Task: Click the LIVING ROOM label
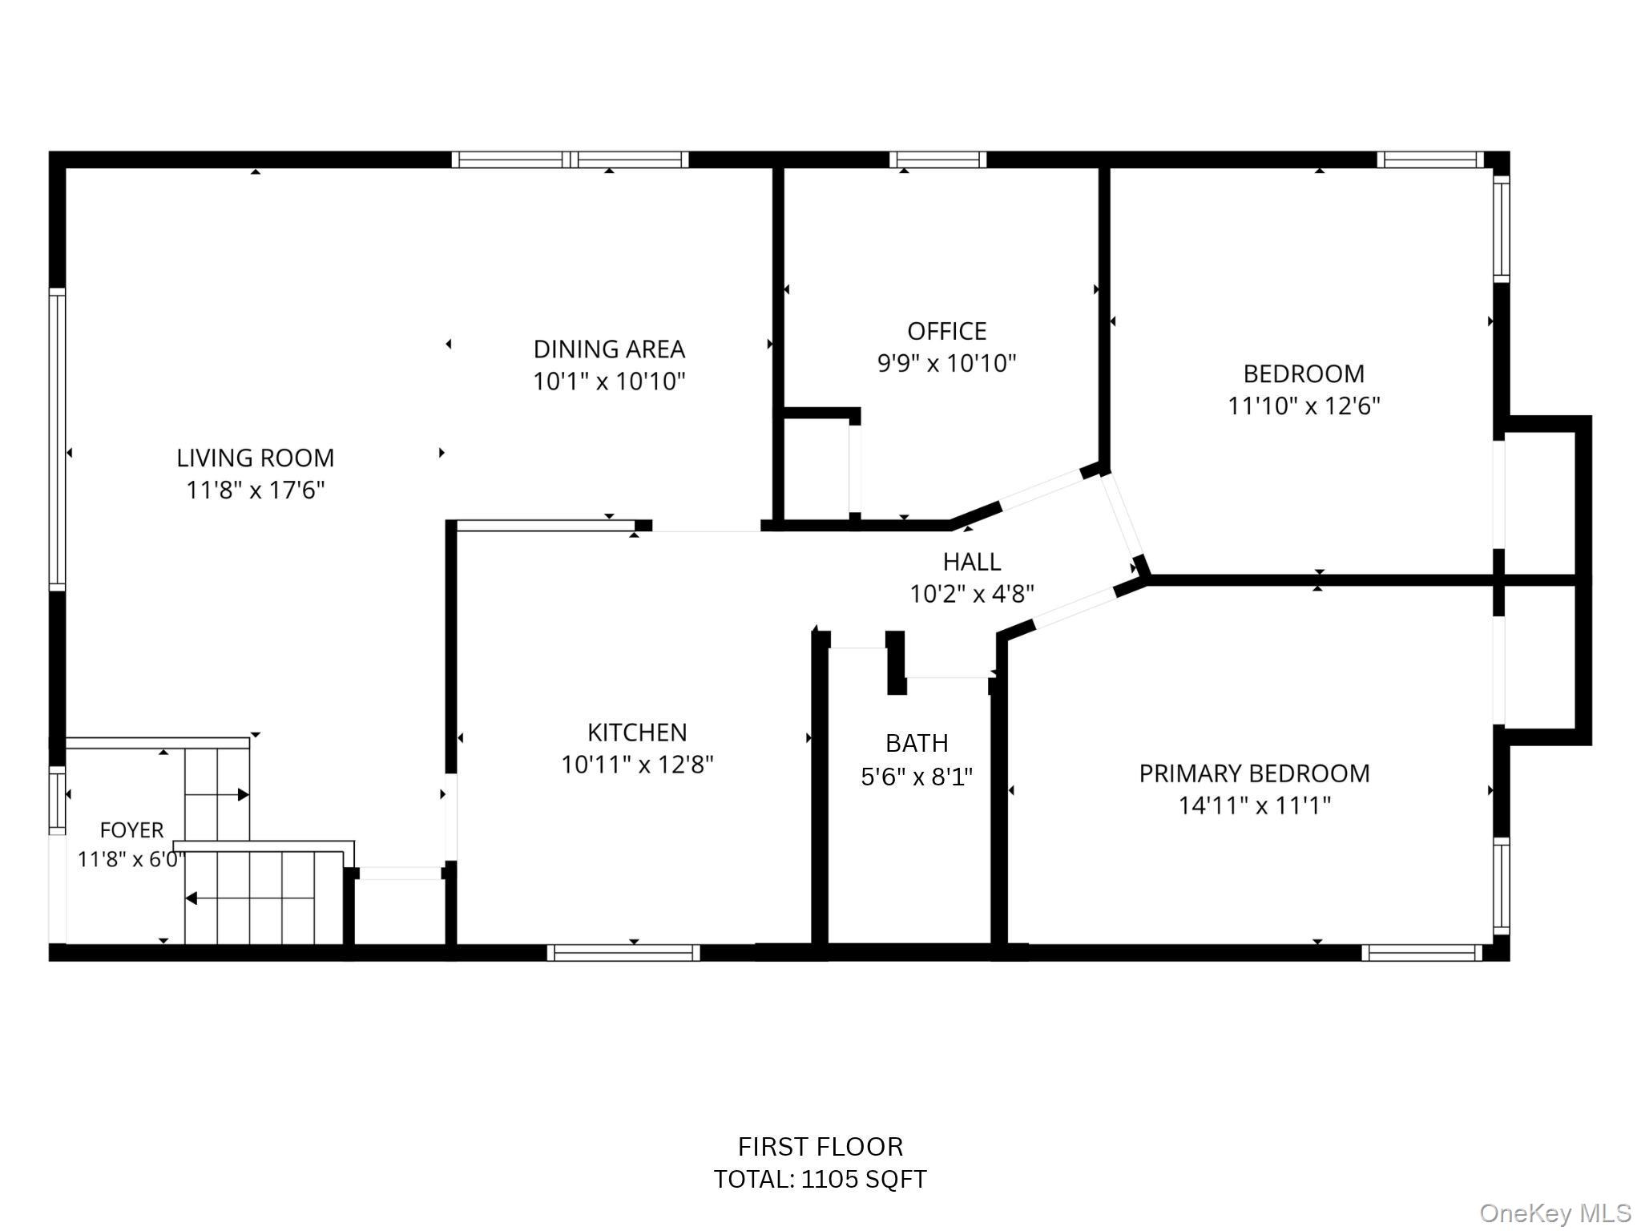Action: (x=256, y=458)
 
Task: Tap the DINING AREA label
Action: (x=609, y=349)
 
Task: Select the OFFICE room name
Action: (x=946, y=331)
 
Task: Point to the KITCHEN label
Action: (x=637, y=733)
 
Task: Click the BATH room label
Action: (x=917, y=744)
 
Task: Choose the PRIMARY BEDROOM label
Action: (x=1254, y=773)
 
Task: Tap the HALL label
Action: (x=971, y=562)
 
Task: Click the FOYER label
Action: (x=131, y=830)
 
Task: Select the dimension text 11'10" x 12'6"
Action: (x=1304, y=406)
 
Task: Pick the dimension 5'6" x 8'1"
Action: (x=917, y=777)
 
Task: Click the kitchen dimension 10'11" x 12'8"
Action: (x=637, y=765)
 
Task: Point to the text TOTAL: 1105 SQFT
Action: (x=820, y=1180)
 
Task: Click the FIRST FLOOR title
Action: (x=820, y=1147)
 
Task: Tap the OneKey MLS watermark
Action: (x=1555, y=1213)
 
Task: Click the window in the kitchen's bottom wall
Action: (x=623, y=952)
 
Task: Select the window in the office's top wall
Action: (x=937, y=159)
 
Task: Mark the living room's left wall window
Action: (x=57, y=439)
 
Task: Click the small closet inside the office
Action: (x=816, y=467)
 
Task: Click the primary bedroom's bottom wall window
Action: (x=1422, y=952)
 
